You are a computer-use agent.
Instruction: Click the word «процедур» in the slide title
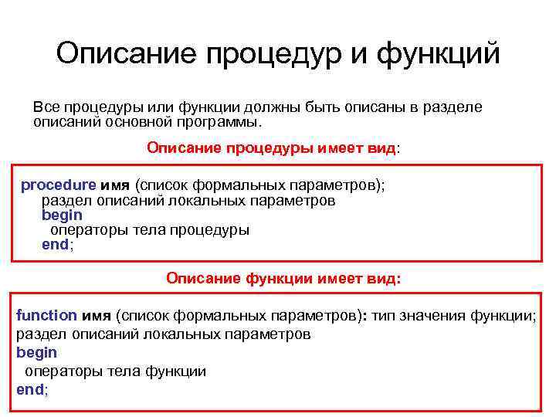click(279, 56)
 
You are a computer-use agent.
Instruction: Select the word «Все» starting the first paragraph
click(46, 107)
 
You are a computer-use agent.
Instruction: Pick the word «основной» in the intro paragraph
click(136, 122)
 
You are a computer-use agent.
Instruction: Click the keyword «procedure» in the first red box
click(59, 185)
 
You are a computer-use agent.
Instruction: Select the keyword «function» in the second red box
click(46, 315)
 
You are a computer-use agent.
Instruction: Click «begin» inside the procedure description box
click(62, 215)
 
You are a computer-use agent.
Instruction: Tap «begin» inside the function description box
click(36, 352)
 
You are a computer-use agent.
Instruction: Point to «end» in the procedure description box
click(55, 245)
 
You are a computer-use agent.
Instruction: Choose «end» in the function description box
click(30, 389)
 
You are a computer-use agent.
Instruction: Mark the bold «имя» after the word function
click(97, 315)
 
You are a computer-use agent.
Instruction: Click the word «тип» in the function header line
click(387, 315)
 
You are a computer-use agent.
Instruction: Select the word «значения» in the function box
click(439, 315)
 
